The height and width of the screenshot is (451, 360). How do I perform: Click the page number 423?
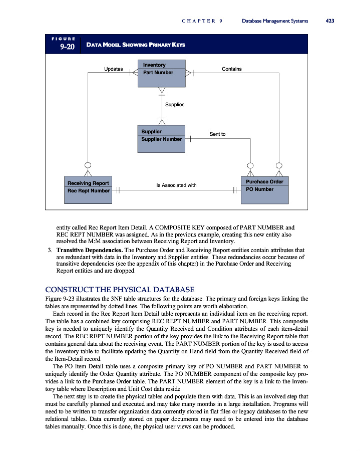(329, 21)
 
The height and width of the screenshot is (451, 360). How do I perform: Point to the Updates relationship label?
(113, 69)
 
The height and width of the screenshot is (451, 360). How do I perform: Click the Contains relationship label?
(231, 69)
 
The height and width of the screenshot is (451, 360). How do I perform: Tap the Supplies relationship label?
(175, 105)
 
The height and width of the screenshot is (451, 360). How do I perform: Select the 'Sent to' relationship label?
(217, 134)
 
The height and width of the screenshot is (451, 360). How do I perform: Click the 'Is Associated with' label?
(176, 185)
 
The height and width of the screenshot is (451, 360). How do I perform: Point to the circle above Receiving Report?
(88, 165)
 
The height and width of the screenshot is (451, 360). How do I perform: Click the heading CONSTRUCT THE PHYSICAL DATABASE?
(120, 289)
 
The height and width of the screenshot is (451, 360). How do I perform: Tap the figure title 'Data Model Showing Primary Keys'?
(136, 45)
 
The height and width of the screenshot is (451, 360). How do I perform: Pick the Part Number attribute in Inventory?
(158, 73)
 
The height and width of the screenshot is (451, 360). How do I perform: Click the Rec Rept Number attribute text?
(89, 191)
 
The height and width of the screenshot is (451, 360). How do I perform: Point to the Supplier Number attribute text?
(162, 139)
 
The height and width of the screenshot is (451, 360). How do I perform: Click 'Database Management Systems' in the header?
(275, 21)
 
